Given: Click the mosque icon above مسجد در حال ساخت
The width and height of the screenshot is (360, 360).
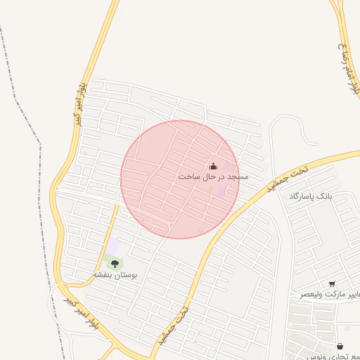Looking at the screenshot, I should click(213, 166).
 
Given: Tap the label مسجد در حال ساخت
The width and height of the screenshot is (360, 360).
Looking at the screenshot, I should click(212, 176).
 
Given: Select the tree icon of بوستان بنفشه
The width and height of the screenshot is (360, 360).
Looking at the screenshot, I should click(115, 264).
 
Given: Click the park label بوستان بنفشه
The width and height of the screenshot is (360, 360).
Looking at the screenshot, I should click(115, 275).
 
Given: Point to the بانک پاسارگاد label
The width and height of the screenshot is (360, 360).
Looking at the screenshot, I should click(309, 195).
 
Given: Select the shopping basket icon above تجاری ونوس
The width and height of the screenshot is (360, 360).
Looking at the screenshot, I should click(340, 347).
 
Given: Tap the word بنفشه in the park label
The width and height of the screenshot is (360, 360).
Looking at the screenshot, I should click(104, 275).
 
